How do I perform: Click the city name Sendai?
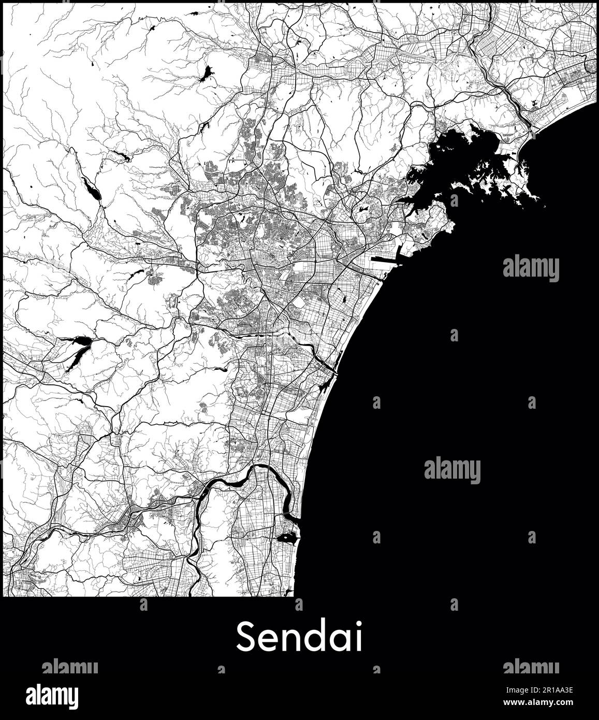click(x=299, y=637)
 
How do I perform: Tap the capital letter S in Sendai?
click(x=246, y=637)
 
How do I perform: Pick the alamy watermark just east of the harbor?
click(x=531, y=268)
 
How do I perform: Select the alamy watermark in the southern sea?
click(x=452, y=470)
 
